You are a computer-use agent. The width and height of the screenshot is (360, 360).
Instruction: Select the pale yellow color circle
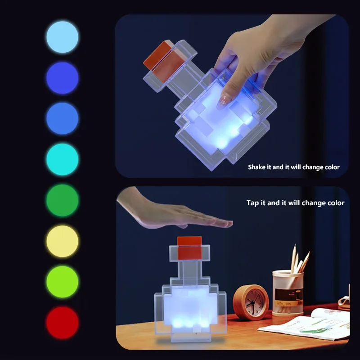click(x=62, y=241)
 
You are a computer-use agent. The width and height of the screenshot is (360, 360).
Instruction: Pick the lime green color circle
click(x=62, y=282)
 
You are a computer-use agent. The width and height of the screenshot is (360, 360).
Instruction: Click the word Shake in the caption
click(x=257, y=167)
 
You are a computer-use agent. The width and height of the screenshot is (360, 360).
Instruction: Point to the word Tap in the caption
click(x=253, y=203)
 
